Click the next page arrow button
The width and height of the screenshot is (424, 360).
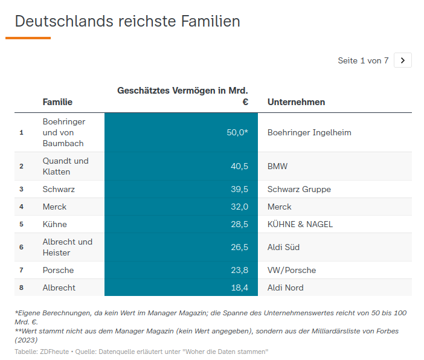click(403, 60)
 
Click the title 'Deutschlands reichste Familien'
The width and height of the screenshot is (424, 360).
click(127, 21)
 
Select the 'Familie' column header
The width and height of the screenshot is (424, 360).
click(57, 102)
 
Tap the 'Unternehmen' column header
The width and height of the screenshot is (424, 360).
click(296, 102)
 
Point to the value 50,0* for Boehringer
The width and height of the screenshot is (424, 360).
click(237, 132)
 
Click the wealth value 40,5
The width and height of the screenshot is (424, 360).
click(239, 166)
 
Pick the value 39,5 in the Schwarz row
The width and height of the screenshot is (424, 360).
click(239, 189)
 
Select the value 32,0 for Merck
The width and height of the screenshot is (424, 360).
click(239, 207)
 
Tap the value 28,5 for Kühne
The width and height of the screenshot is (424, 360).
click(239, 224)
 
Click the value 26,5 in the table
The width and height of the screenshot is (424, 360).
click(239, 247)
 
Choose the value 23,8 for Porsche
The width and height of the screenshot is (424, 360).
click(239, 270)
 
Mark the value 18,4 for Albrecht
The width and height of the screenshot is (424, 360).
click(239, 288)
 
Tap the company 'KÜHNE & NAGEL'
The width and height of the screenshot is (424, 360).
click(300, 224)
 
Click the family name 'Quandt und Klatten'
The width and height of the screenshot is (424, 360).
click(65, 166)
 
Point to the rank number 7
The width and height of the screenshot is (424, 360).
click(21, 270)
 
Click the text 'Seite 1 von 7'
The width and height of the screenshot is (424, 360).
click(363, 60)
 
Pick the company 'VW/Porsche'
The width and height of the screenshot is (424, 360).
click(292, 270)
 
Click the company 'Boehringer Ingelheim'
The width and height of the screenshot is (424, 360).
click(309, 132)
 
